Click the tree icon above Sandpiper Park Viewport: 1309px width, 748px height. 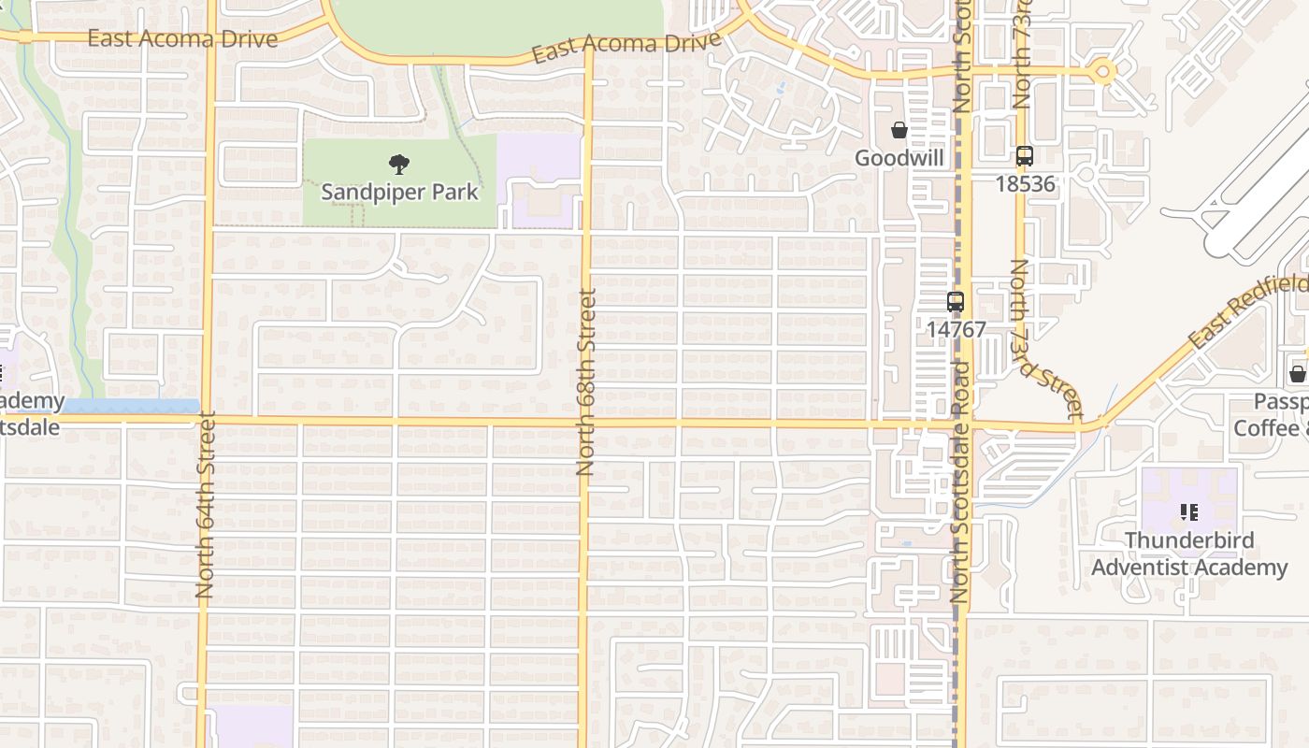(399, 165)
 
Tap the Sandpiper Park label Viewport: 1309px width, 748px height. (399, 192)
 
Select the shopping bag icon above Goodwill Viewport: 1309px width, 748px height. (899, 130)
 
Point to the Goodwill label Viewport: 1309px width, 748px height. (899, 158)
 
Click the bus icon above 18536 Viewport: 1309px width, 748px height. (1025, 156)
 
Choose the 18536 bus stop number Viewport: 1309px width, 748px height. (1025, 183)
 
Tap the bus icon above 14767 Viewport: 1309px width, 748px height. (956, 302)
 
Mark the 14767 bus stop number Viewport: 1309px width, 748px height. (956, 329)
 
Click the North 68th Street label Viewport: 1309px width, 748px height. (586, 381)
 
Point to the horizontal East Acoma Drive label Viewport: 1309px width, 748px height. (182, 38)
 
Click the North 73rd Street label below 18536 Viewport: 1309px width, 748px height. (1045, 338)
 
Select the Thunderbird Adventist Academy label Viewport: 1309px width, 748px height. (1189, 554)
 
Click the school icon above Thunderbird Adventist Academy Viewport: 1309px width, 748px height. (1189, 512)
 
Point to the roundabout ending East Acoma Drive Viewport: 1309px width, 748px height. (1103, 71)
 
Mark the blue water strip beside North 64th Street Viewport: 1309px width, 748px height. (131, 407)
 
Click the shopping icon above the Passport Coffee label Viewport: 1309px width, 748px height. (1298, 374)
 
